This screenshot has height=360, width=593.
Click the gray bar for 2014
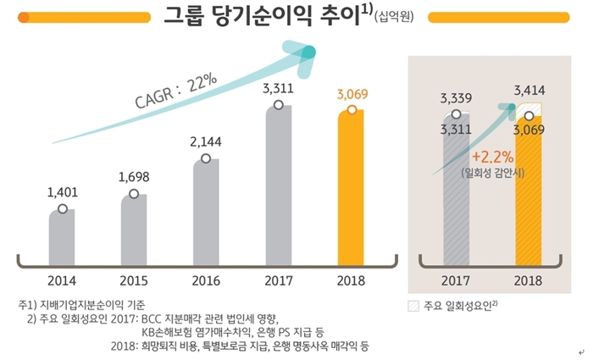(62, 237)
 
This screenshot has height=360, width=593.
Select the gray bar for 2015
(133, 229)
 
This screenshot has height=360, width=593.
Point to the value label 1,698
(134, 178)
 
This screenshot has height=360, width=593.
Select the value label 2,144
(206, 141)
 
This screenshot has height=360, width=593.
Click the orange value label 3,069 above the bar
(352, 93)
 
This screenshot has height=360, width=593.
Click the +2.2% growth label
(491, 158)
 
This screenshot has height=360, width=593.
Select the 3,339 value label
(456, 98)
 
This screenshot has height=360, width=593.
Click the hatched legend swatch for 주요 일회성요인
(414, 305)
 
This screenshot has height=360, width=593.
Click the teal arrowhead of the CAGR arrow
(306, 53)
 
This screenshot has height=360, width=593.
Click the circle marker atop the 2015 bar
(133, 194)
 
